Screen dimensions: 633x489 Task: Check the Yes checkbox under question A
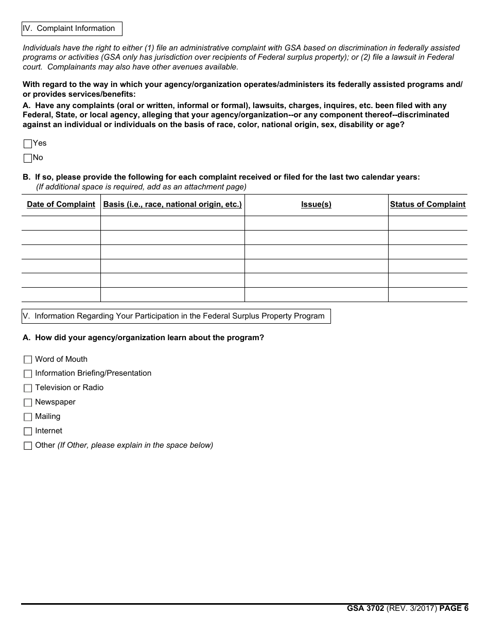coord(28,144)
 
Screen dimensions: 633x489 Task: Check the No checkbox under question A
coord(28,158)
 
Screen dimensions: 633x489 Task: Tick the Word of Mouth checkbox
coord(28,360)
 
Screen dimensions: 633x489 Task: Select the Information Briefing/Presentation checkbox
coord(28,374)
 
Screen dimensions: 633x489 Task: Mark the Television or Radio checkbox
coord(28,388)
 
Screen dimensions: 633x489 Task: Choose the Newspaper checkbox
coord(28,402)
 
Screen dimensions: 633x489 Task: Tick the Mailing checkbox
coord(28,417)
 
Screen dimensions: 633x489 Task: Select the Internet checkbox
coord(28,431)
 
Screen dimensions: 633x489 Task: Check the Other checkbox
coord(28,446)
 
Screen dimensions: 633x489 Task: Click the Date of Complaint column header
coord(61,204)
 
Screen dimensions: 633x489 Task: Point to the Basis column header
coord(172,204)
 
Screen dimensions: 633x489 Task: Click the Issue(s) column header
coord(316,204)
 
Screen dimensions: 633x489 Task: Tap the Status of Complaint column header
coord(428,204)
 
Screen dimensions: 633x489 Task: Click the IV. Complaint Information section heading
coord(72,29)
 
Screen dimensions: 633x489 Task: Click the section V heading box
coord(176,316)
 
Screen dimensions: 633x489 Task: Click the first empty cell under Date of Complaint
coord(61,223)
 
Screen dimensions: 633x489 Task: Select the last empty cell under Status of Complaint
coord(428,294)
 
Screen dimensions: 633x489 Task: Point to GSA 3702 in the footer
coord(365,608)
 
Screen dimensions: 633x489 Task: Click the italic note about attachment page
coord(141,187)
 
